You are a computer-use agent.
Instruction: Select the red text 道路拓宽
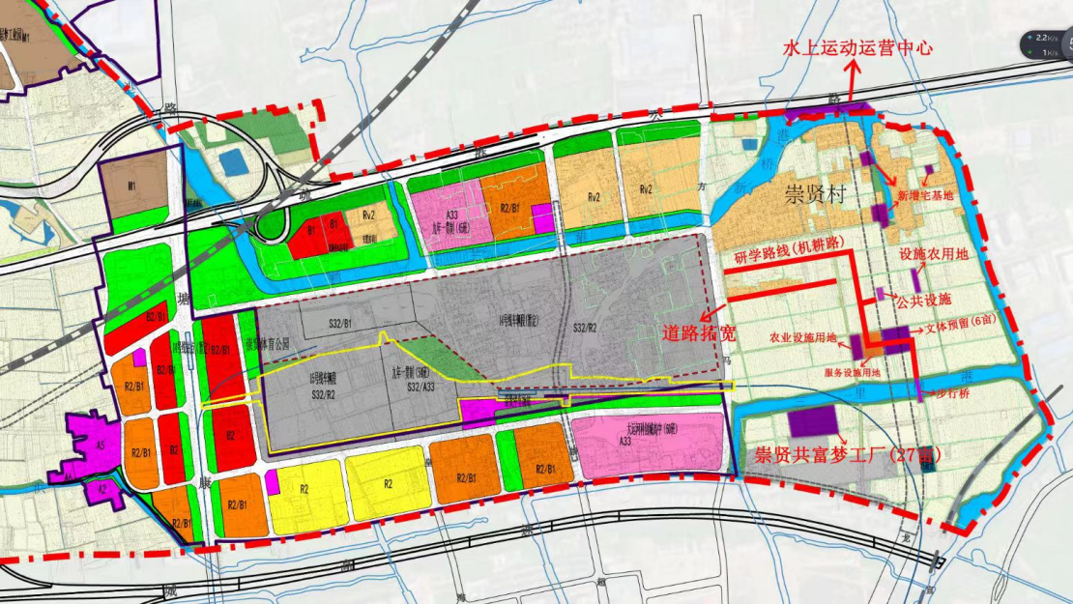tap(699, 332)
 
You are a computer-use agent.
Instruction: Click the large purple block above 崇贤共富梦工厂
tap(813, 421)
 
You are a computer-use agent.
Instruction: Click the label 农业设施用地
tap(804, 339)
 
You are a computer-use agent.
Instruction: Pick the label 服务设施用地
tap(852, 372)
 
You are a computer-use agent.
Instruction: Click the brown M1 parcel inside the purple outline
tap(134, 186)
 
